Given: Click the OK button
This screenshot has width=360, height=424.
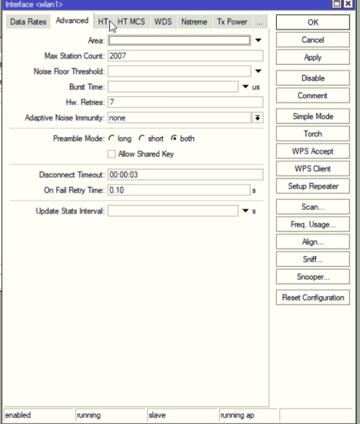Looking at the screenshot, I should [313, 22].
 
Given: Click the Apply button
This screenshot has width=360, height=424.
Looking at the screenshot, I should [313, 57].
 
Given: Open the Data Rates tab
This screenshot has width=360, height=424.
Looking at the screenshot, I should [28, 22].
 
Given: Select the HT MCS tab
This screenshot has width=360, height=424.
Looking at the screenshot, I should [131, 22].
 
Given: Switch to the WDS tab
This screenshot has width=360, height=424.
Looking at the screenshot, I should [163, 22].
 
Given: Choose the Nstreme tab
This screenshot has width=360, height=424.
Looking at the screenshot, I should [194, 22].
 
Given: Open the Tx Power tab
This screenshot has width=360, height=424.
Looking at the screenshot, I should [232, 22].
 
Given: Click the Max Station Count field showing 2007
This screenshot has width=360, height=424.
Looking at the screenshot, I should [185, 56].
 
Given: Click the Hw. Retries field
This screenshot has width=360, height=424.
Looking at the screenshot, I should [185, 102].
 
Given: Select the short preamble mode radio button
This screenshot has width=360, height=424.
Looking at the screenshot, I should [142, 139].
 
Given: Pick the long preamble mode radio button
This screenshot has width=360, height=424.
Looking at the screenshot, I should [112, 139].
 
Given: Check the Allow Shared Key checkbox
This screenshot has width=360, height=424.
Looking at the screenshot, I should [112, 154].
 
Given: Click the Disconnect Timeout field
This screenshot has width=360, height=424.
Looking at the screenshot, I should [185, 175].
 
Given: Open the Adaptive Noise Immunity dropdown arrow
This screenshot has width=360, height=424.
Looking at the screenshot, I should [257, 118].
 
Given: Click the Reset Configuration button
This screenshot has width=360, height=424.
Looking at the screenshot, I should [313, 298].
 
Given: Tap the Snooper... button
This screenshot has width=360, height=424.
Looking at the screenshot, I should [313, 277].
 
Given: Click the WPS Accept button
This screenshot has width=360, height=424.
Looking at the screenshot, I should [313, 151].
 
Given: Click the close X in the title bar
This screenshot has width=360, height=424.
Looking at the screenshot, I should [353, 4].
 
